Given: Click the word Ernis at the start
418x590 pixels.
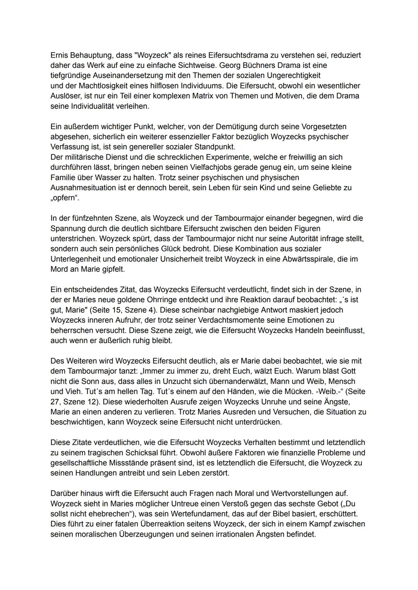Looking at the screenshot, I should (59, 55).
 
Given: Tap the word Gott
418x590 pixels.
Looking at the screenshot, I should (348, 371).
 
